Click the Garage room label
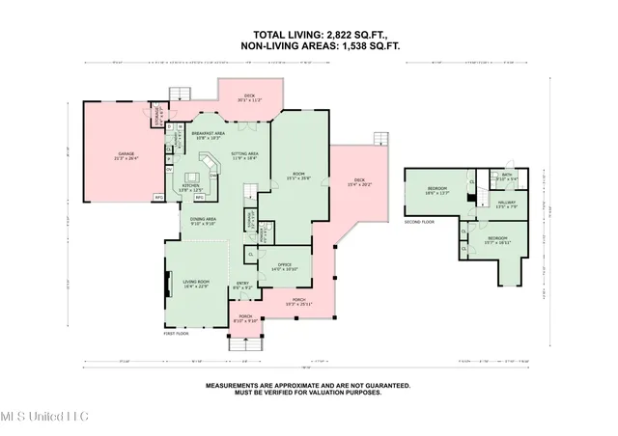point(126,155)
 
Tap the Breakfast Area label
point(208,135)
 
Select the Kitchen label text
point(191,187)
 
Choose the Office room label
point(284,266)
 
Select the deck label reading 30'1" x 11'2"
point(248,97)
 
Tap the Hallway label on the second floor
point(507,204)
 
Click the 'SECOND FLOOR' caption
point(419,220)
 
